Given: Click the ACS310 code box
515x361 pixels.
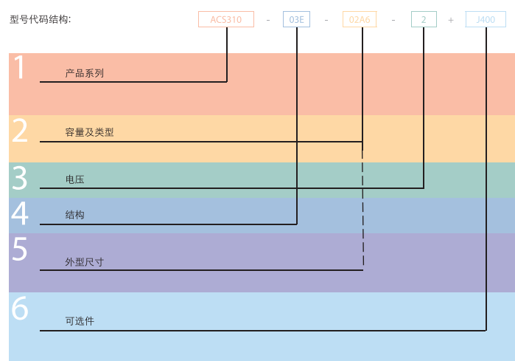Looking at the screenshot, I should pyautogui.click(x=226, y=20).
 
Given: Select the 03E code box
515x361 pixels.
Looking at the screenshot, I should pyautogui.click(x=296, y=20).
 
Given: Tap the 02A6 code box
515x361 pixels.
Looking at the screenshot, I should pyautogui.click(x=360, y=20).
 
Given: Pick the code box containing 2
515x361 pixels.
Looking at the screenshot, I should pyautogui.click(x=424, y=20).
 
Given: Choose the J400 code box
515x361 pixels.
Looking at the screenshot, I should pyautogui.click(x=486, y=20).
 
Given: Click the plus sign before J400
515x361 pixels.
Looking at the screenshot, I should pyautogui.click(x=451, y=20).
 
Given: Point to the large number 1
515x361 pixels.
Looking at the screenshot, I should pyautogui.click(x=20, y=68).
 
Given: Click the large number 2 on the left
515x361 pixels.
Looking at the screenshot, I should pyautogui.click(x=20, y=131).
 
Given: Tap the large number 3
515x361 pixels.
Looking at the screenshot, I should pyautogui.click(x=20, y=179).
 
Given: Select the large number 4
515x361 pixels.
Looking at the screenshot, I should pyautogui.click(x=20, y=213).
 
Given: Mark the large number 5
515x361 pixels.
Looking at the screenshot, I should pyautogui.click(x=20, y=250).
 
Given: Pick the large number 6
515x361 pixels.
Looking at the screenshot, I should pyautogui.click(x=20, y=309).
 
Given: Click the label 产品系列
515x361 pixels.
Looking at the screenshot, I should pyautogui.click(x=84, y=73).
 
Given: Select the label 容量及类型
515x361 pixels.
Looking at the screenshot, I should pyautogui.click(x=89, y=133).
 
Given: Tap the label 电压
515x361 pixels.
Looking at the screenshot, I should pyautogui.click(x=74, y=179).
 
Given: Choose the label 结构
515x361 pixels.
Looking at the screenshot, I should pyautogui.click(x=74, y=215).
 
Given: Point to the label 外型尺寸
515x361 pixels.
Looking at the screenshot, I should pyautogui.click(x=84, y=261).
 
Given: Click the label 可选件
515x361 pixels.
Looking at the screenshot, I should pyautogui.click(x=80, y=321).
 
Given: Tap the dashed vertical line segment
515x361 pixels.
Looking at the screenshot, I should pyautogui.click(x=362, y=207).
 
